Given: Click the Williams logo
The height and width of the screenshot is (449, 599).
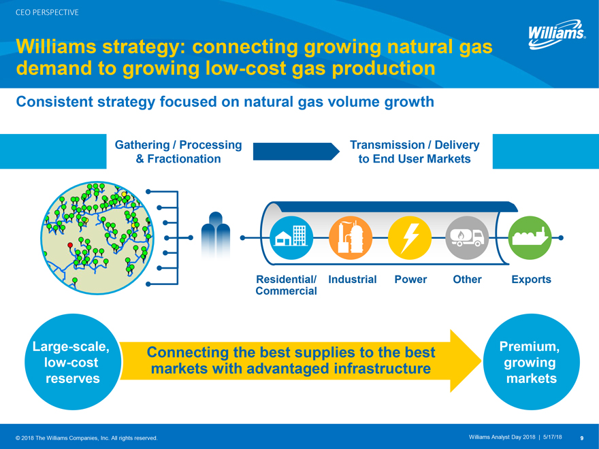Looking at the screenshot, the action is [x=557, y=35].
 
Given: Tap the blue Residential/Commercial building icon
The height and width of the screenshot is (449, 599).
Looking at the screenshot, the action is [x=291, y=237].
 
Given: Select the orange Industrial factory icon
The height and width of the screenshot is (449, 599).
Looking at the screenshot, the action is [x=351, y=237].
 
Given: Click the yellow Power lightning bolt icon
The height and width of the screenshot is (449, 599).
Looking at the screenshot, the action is [x=410, y=237].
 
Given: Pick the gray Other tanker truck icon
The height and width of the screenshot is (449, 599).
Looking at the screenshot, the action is [x=467, y=237].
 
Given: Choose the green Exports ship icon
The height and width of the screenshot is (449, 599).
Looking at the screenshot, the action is [x=530, y=237].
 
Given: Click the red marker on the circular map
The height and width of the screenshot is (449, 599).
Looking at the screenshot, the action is [x=70, y=245].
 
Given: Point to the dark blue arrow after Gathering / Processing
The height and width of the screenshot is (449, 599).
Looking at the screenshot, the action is [x=296, y=152].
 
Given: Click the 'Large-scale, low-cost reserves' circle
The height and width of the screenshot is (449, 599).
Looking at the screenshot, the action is [x=73, y=361].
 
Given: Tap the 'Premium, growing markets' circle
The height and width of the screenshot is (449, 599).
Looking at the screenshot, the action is [x=532, y=361].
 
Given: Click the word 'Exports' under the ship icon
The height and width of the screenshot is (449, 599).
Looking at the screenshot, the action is [x=531, y=280].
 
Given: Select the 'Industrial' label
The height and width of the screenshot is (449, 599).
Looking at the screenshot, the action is [x=352, y=280].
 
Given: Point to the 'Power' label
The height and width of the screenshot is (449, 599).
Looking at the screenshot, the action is [x=410, y=280].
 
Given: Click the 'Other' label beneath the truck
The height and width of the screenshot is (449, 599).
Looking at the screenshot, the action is [x=467, y=280].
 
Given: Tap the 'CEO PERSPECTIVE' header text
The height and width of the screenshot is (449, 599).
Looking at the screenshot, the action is [x=47, y=13].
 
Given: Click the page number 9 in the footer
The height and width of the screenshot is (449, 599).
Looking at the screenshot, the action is [x=582, y=438].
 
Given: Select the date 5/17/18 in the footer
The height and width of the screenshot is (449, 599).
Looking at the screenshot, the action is [x=553, y=437].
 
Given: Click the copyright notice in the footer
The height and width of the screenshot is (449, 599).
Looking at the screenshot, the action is [x=86, y=438].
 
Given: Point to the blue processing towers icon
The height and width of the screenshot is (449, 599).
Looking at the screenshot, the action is [x=216, y=235].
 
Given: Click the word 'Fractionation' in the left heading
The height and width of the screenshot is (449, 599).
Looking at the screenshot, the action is [x=184, y=159].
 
